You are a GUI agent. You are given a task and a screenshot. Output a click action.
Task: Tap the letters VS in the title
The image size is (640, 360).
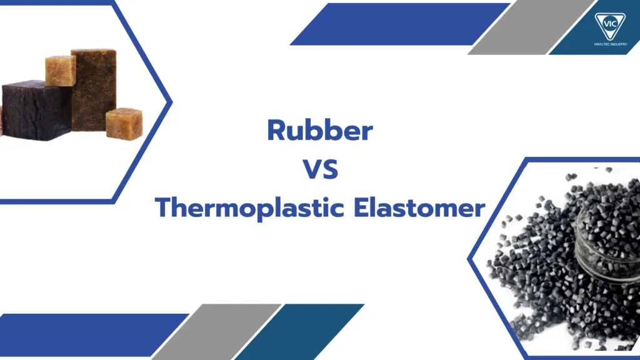(320, 169)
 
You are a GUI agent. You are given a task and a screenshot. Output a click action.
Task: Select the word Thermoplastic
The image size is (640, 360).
(246, 207)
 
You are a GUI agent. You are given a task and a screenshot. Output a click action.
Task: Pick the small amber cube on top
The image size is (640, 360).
(60, 70)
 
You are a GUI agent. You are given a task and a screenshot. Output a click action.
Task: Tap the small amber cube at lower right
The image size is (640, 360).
(123, 123)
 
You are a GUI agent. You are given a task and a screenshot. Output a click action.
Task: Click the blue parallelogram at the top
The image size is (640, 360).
(400, 24)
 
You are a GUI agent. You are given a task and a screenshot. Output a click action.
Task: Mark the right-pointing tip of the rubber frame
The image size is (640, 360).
(169, 100)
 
